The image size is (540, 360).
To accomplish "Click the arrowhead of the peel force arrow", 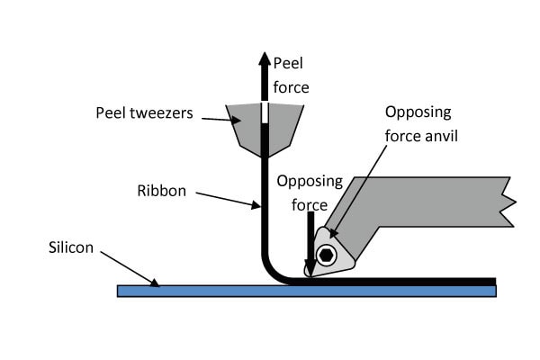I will coord(264,59).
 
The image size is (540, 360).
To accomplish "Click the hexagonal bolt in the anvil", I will coord(326,255).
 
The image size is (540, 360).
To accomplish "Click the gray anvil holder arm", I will coord(423,202).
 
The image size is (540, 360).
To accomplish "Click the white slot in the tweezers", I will coord(264,113).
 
